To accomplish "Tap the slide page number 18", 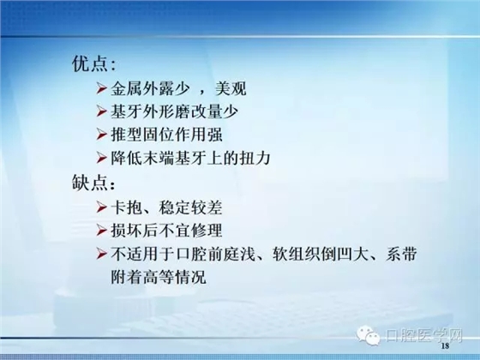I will [x=444, y=350].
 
